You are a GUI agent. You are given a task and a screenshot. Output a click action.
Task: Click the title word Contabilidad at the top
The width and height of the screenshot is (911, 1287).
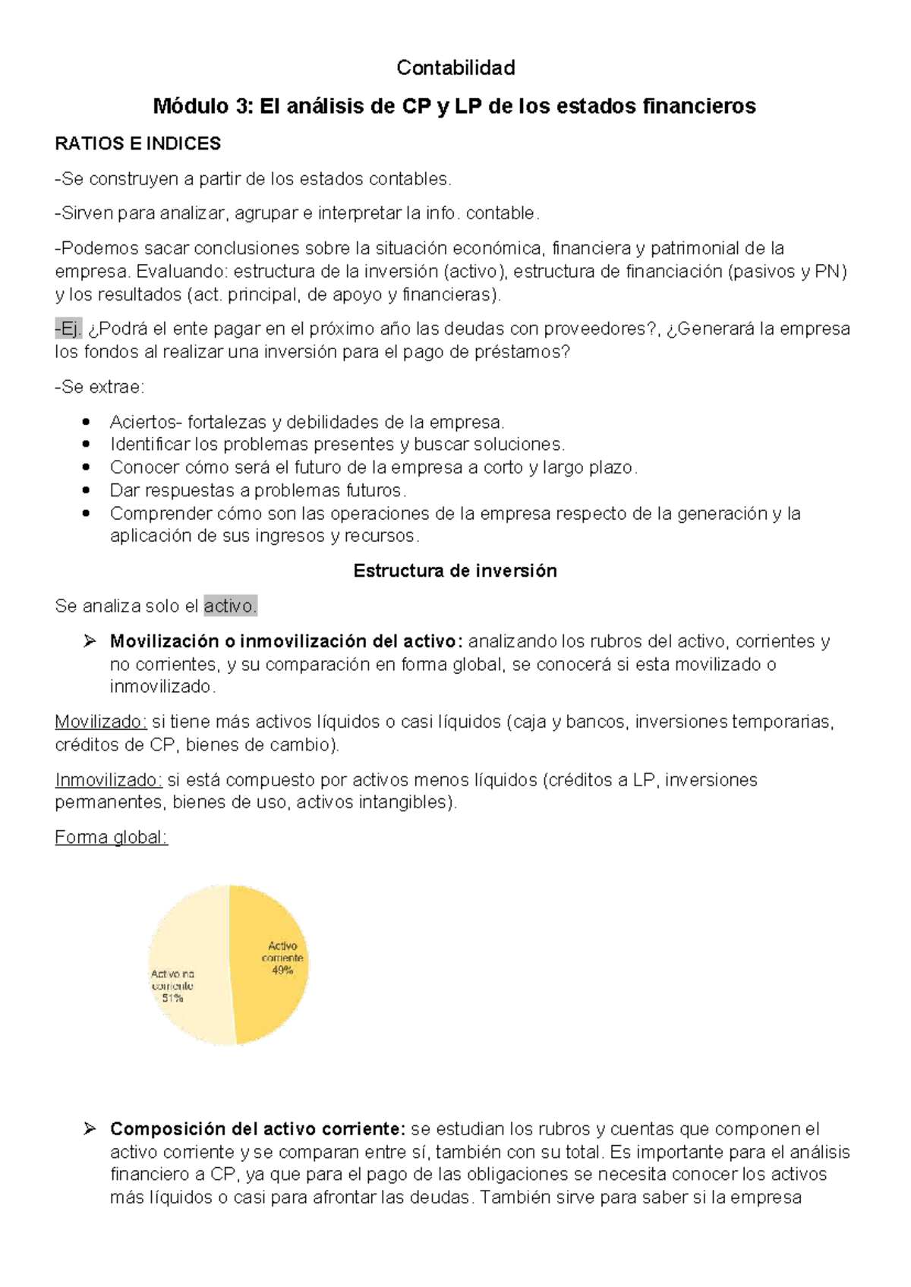(x=455, y=68)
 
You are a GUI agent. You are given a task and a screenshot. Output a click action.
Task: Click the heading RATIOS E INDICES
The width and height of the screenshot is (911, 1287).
(x=137, y=143)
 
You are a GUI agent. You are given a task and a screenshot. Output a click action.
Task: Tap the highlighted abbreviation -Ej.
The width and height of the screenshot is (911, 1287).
(x=68, y=329)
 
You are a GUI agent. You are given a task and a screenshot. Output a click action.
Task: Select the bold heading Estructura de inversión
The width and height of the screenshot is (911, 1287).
(x=455, y=571)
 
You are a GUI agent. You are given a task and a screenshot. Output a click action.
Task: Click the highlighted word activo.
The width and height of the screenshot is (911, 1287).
(x=231, y=606)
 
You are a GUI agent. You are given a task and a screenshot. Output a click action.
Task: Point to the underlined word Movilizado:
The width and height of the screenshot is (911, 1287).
(x=101, y=722)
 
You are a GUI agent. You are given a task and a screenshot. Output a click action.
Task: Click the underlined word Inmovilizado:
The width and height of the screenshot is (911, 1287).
(x=109, y=780)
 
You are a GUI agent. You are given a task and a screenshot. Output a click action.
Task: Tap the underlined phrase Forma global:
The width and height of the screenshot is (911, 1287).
(x=111, y=838)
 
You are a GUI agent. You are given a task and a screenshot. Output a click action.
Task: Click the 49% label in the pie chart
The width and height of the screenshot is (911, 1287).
(x=282, y=971)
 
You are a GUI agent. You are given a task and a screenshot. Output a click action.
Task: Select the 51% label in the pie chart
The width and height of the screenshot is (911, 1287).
(x=172, y=999)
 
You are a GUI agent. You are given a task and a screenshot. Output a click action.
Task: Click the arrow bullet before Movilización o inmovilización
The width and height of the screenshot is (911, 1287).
(x=90, y=642)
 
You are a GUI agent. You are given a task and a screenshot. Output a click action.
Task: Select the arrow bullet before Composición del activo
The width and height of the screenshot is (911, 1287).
(x=90, y=1129)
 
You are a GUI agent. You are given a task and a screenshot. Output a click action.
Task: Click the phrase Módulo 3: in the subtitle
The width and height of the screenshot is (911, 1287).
(x=203, y=106)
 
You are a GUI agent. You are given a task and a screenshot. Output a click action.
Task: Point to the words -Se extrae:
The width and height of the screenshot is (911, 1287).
(x=99, y=388)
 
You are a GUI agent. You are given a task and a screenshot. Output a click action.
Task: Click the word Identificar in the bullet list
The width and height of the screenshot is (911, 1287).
(x=150, y=445)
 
